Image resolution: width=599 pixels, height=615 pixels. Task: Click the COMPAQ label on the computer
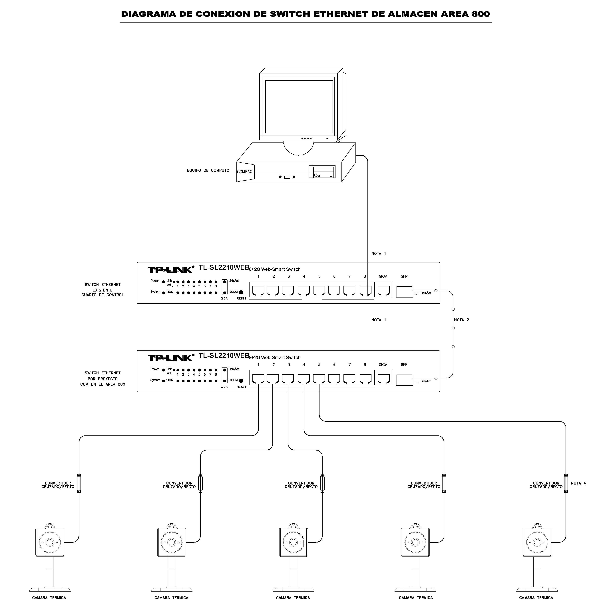pyautogui.click(x=245, y=172)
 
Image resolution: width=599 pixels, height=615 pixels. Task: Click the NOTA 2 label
pyautogui.click(x=462, y=320)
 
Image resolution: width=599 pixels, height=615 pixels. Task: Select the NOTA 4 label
pyautogui.click(x=578, y=483)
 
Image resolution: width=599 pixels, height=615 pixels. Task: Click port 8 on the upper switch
pyautogui.click(x=365, y=290)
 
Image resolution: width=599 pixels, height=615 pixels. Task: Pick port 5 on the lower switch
pyautogui.click(x=319, y=379)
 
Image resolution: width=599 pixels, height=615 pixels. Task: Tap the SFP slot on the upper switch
pyautogui.click(x=404, y=291)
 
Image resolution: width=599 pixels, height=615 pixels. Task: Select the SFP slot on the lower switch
pyautogui.click(x=404, y=380)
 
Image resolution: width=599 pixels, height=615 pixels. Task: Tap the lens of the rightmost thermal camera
pyautogui.click(x=537, y=542)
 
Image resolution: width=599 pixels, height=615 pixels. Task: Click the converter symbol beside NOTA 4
pyautogui.click(x=566, y=483)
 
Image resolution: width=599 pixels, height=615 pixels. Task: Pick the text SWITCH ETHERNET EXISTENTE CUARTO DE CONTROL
pyautogui.click(x=102, y=290)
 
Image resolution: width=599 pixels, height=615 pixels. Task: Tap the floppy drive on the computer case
pyautogui.click(x=323, y=172)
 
